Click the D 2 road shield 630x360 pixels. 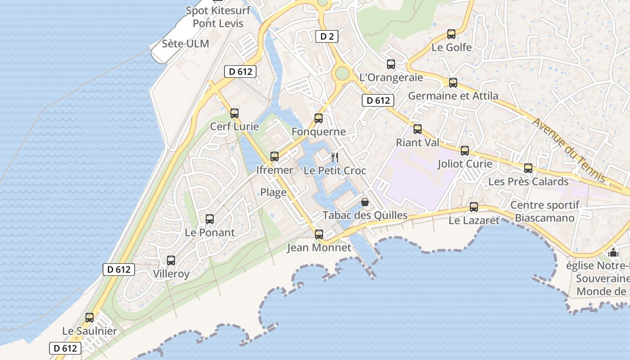click(327, 36)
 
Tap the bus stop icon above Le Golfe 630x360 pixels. click(451, 34)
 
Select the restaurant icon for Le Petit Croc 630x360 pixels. click(334, 157)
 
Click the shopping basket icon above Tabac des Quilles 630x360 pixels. click(365, 202)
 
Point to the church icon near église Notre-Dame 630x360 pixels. click(613, 252)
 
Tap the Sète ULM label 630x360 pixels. click(185, 44)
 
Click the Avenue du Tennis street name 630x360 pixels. click(570, 150)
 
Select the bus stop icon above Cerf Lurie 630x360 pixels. click(234, 113)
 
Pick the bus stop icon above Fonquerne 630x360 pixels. click(319, 118)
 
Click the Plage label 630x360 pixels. click(273, 193)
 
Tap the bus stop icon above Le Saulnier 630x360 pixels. click(90, 318)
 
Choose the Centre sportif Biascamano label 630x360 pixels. click(545, 211)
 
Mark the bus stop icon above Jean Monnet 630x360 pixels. click(319, 234)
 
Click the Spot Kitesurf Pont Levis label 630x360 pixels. click(218, 17)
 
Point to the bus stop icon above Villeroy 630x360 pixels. click(171, 261)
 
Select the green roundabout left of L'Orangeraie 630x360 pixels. click(342, 73)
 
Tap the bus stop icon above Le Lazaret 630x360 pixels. click(474, 207)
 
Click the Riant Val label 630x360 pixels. click(417, 143)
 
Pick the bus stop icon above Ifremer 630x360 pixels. click(274, 157)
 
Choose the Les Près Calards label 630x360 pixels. click(528, 182)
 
